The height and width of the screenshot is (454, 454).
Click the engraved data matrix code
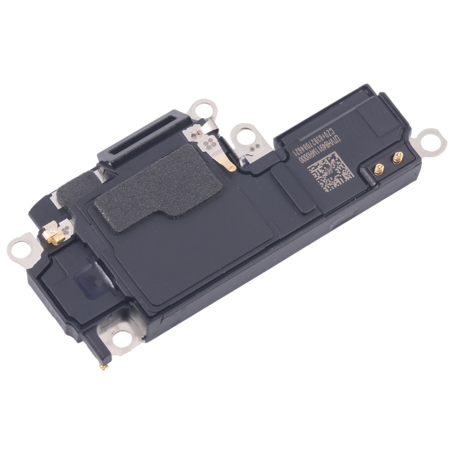(330, 171)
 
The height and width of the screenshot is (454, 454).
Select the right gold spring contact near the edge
(398, 161)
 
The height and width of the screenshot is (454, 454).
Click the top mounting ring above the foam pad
(201, 111)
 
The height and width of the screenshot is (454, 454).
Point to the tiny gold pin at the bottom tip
(104, 366)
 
